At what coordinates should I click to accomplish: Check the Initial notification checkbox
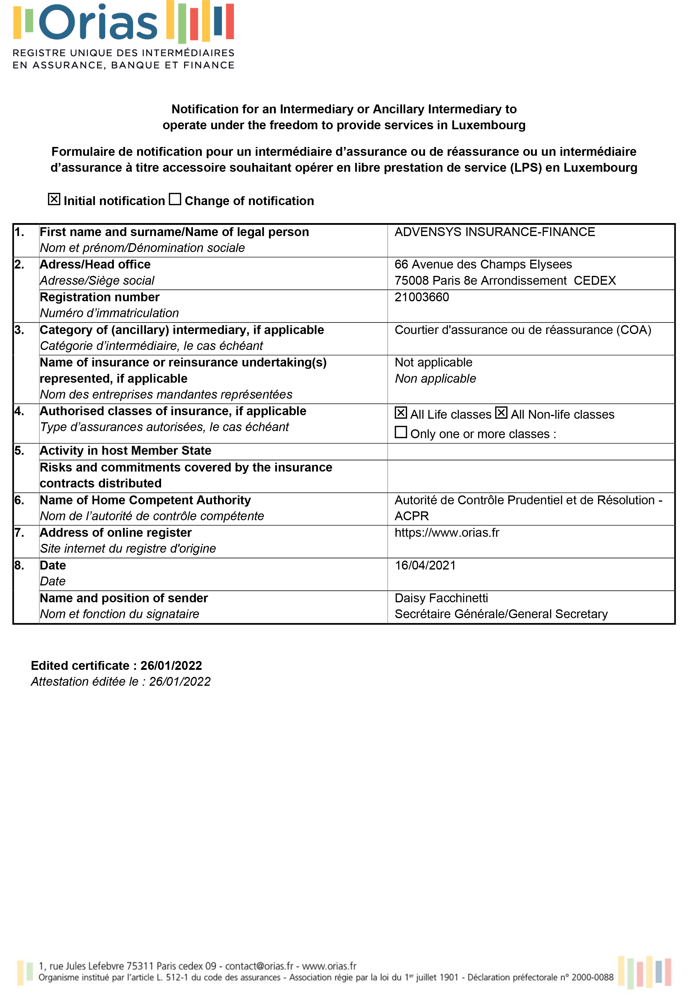coord(54,199)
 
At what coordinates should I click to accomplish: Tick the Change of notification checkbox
coord(175,199)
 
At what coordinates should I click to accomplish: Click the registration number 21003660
coord(422,297)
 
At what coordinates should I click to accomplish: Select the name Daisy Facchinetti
coord(441,598)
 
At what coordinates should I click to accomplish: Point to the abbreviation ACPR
coord(412,516)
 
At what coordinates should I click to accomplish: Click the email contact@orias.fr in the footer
coord(259,966)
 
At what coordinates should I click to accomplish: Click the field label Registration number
coord(99,297)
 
